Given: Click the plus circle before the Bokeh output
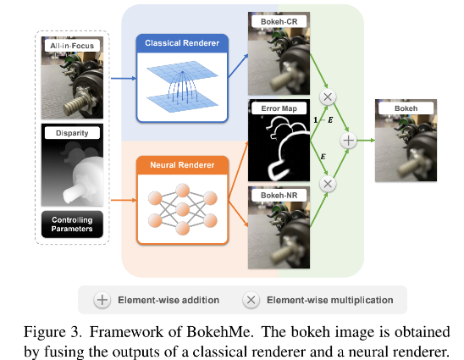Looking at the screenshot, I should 347,142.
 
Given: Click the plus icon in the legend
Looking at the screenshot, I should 102,299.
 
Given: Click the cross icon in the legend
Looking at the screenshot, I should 251,299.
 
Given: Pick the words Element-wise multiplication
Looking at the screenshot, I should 329,300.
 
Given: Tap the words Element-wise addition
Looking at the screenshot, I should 168,300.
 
